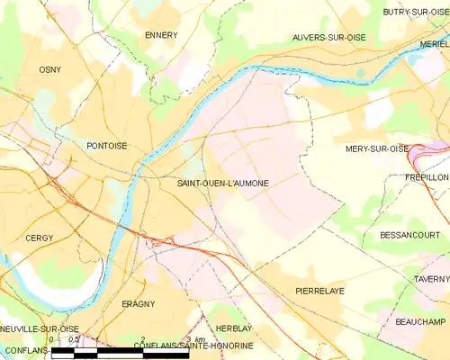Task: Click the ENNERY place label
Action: pyautogui.click(x=161, y=35)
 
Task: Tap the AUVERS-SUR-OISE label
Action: pyautogui.click(x=329, y=38)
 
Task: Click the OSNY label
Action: pyautogui.click(x=49, y=69)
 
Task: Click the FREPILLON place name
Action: pyautogui.click(x=426, y=178)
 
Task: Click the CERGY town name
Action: pyautogui.click(x=40, y=238)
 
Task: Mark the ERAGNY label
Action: pyautogui.click(x=139, y=304)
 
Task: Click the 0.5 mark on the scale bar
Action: pyautogui.click(x=75, y=339)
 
